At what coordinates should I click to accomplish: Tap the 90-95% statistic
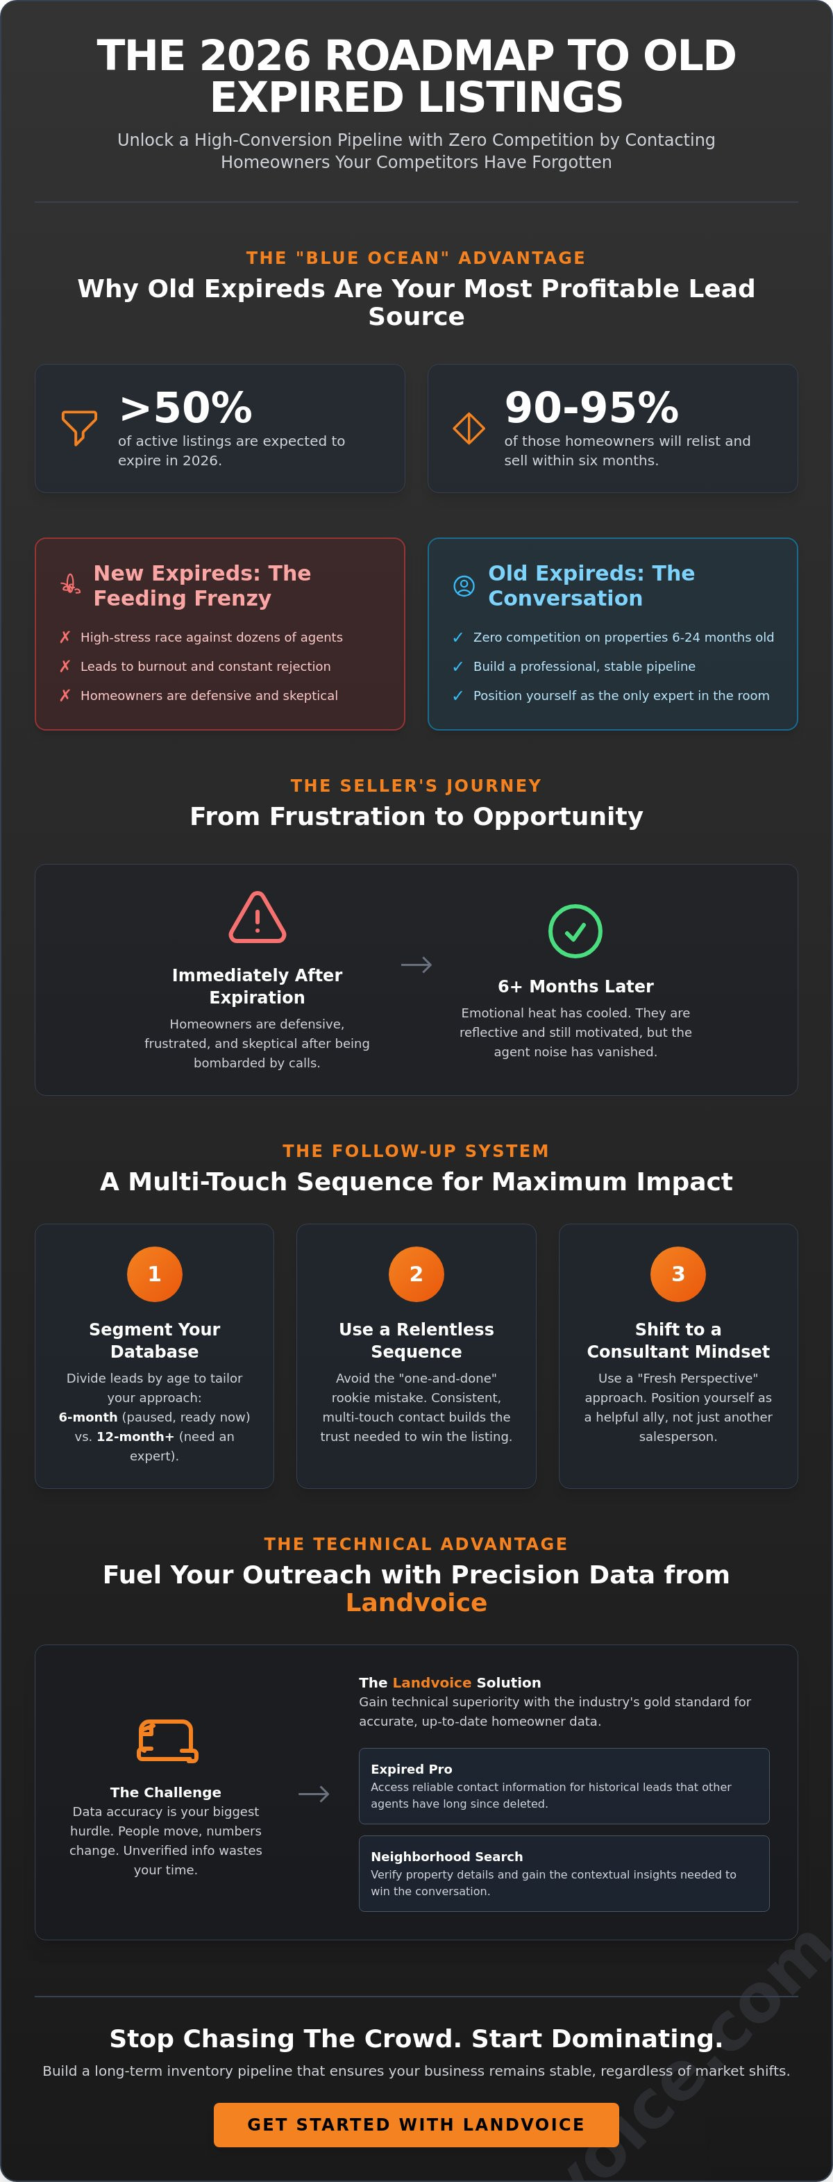[591, 408]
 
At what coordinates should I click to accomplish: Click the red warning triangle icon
[258, 917]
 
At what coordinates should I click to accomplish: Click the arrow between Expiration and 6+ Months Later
[416, 965]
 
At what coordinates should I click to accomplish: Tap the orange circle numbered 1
[154, 1274]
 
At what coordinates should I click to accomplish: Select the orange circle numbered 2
[416, 1274]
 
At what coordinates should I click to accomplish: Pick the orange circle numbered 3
[678, 1274]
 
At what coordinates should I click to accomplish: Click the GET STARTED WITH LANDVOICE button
[416, 2124]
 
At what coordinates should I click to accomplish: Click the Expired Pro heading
[412, 1769]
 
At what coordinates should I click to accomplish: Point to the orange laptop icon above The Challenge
[167, 1742]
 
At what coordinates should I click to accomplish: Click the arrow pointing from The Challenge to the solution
[314, 1794]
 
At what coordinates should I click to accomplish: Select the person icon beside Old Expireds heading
[464, 585]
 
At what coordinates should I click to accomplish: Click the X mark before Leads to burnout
[65, 667]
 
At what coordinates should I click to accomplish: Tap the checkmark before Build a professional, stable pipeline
[458, 667]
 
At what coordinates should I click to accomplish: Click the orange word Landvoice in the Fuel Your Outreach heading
[416, 1603]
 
